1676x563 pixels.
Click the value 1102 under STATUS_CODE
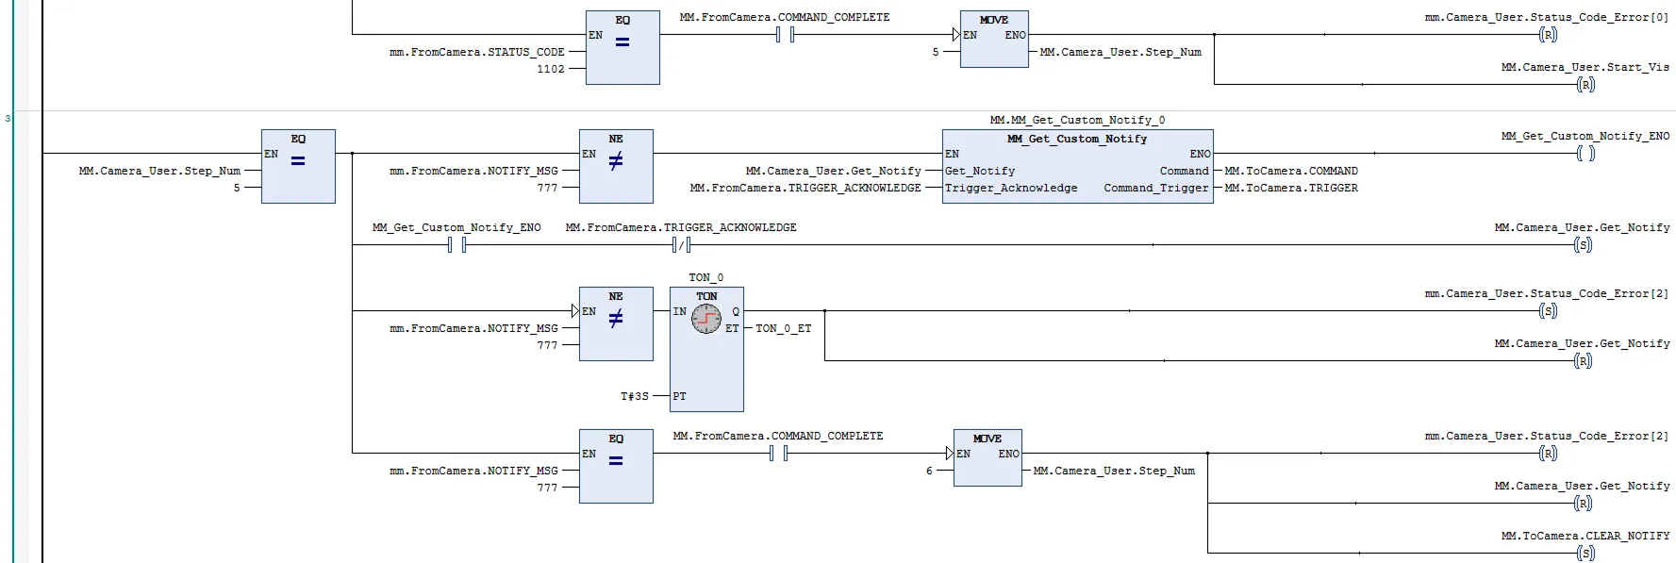[x=551, y=69]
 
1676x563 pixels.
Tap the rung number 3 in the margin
[x=8, y=119]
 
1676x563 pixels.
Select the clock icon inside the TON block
[x=706, y=320]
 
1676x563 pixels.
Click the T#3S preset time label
[x=634, y=396]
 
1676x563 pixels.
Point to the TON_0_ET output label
[x=783, y=328]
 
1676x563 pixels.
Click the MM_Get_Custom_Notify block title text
[x=1077, y=139]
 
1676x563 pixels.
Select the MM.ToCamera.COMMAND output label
[x=1290, y=171]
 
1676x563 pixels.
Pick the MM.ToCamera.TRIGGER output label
[x=1290, y=188]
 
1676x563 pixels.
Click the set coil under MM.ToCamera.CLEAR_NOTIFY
[x=1585, y=553]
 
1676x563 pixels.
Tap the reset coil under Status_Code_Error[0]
[x=1548, y=35]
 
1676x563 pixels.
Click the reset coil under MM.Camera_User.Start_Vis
[x=1585, y=85]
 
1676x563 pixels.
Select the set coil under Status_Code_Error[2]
[x=1548, y=310]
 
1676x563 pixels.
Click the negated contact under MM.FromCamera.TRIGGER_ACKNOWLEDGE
[x=681, y=245]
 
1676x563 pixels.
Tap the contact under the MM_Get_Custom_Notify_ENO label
[x=456, y=245]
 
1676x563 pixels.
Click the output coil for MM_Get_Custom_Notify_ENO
[x=1585, y=154]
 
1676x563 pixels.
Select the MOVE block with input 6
[x=987, y=458]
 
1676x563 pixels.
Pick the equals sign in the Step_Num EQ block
[x=298, y=161]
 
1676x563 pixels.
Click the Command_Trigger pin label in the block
[x=1155, y=188]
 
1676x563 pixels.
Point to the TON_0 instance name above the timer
[x=705, y=277]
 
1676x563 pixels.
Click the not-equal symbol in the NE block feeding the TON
[x=616, y=320]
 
